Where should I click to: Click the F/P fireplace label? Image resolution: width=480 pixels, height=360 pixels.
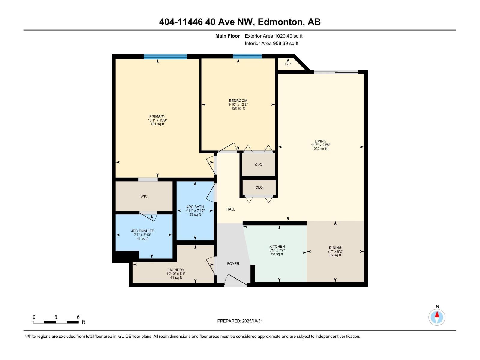coord(288,64)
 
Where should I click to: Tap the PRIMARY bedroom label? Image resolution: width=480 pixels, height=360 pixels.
coord(157,116)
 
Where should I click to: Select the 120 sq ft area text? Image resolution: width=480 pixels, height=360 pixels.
coord(238,108)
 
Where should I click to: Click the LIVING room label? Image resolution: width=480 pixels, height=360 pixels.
coord(320,141)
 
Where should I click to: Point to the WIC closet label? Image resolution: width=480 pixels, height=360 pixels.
coord(144,196)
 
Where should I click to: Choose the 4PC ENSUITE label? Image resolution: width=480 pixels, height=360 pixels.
coord(142,231)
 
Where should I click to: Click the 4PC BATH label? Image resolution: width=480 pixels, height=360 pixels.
coord(195,207)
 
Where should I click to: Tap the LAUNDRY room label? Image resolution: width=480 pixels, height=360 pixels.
coord(176,270)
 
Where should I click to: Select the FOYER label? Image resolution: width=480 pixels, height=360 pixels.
coord(233,264)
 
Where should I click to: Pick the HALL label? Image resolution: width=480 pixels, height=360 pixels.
coord(231,209)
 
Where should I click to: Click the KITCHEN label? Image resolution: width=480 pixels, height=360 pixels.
coord(277,247)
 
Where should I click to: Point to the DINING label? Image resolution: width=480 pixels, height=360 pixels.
coord(335,248)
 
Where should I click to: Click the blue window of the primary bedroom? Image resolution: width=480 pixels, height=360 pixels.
coord(165,57)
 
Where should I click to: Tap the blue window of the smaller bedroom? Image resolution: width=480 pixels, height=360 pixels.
coord(247,56)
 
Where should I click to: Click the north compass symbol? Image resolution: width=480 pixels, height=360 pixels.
coord(437,317)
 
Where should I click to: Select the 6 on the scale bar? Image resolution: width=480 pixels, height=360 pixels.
coord(78,317)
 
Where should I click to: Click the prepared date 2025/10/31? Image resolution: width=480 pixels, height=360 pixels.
coord(252,321)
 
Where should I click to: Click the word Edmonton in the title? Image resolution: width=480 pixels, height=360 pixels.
coord(280,22)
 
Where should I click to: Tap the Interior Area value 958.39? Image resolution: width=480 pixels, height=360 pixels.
coord(281,43)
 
